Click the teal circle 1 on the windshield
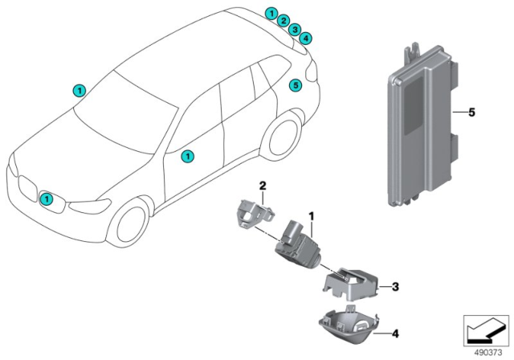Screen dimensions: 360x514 (x=78, y=91)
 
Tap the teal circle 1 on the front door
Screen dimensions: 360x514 (x=186, y=157)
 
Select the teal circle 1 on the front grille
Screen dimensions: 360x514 (x=47, y=198)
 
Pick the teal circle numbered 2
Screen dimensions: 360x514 (x=284, y=22)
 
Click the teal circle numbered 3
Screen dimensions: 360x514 (x=295, y=30)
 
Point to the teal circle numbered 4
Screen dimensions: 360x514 (x=306, y=38)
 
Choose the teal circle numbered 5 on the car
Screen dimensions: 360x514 (x=295, y=84)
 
